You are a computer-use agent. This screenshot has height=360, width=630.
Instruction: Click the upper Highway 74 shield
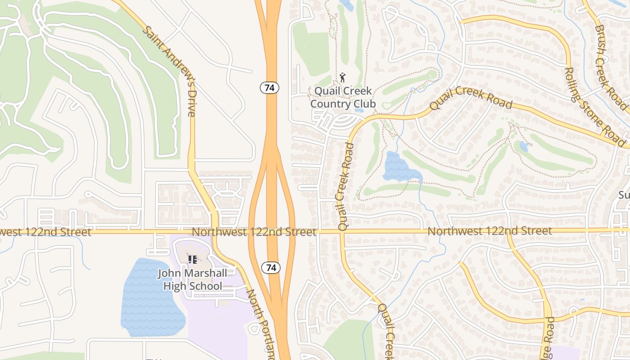(x=270, y=88)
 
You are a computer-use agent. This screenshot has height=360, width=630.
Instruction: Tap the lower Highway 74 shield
(x=271, y=268)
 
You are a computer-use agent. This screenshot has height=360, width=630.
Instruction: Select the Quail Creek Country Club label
(x=343, y=97)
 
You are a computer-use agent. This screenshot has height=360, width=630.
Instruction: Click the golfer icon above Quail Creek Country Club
(x=343, y=77)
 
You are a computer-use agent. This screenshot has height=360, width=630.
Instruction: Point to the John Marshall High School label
(x=193, y=279)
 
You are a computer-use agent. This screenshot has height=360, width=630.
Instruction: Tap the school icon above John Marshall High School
(x=193, y=259)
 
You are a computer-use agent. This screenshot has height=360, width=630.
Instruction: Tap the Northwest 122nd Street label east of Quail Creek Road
(x=490, y=231)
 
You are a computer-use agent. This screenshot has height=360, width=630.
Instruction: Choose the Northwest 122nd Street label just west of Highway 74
(x=254, y=232)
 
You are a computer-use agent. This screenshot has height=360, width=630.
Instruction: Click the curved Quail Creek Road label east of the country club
(x=471, y=98)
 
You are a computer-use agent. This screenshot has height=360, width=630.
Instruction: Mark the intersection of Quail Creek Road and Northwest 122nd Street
(x=342, y=231)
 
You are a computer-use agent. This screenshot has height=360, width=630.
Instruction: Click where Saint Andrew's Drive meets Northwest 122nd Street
(x=215, y=231)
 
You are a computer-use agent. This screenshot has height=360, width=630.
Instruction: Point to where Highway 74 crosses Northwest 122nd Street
(x=272, y=231)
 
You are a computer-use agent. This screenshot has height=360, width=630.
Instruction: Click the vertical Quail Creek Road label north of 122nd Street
(x=345, y=187)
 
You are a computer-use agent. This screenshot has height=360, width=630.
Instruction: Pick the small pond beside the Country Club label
(x=359, y=109)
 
